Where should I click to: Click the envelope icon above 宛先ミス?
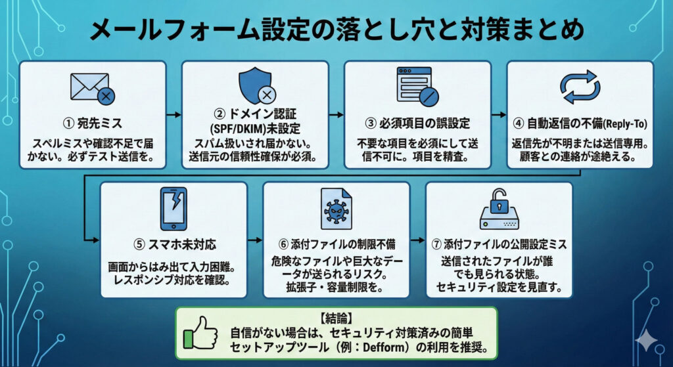click(91, 89)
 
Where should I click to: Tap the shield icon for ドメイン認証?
click(254, 87)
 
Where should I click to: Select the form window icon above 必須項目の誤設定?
click(417, 87)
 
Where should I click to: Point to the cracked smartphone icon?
click(173, 209)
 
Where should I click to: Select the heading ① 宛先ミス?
click(91, 123)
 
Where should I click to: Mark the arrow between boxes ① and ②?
click(173, 115)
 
